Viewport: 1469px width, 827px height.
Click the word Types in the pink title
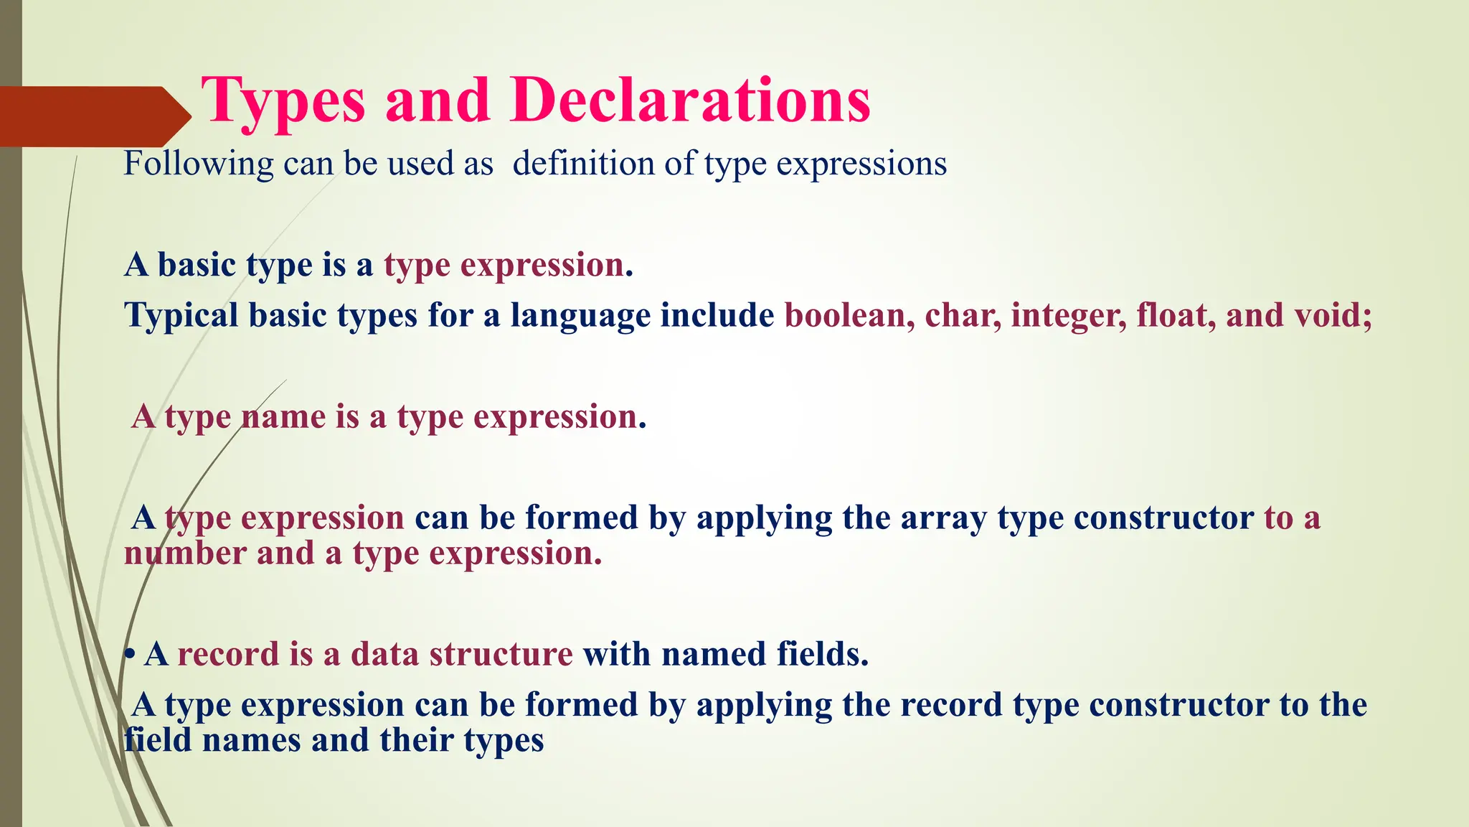[x=283, y=102]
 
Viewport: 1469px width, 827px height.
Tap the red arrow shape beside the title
[x=93, y=116]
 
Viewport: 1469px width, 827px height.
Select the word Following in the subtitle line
[x=198, y=164]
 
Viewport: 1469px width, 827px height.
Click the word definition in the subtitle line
[x=582, y=164]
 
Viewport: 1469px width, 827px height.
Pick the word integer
[x=1067, y=316]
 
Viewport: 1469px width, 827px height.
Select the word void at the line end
[x=1331, y=315]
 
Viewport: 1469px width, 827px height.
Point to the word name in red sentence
[x=283, y=416]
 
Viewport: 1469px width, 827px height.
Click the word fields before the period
[x=818, y=654]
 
